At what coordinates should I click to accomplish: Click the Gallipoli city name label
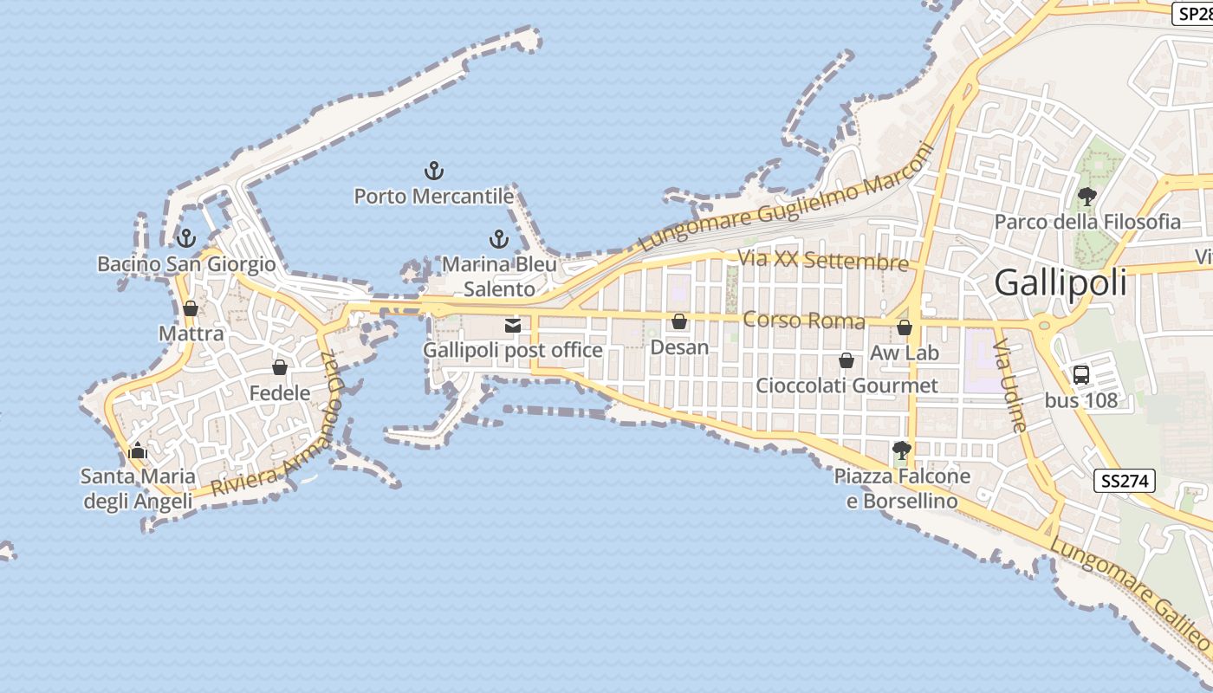coord(1061,283)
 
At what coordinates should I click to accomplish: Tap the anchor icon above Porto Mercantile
coord(433,171)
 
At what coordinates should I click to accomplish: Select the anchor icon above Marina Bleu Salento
coord(498,238)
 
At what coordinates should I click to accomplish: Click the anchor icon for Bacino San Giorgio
coord(185,238)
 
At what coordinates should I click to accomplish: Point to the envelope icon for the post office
coord(513,326)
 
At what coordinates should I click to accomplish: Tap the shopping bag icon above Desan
coord(679,322)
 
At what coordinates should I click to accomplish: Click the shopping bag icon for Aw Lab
coord(904,327)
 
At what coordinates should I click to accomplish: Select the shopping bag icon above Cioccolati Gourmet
coord(847,360)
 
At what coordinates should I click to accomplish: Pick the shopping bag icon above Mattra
coord(191,308)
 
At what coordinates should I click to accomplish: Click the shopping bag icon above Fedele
coord(279,368)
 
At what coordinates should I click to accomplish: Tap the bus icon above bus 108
coord(1080,375)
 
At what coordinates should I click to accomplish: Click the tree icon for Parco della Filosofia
coord(1087,197)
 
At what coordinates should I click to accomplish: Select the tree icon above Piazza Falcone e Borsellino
coord(901,450)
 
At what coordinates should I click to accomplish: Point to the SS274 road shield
coord(1125,482)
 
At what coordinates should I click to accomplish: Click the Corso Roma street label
coord(803,321)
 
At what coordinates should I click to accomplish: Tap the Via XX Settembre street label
coord(822,261)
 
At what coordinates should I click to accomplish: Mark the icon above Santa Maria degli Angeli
coord(137,450)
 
